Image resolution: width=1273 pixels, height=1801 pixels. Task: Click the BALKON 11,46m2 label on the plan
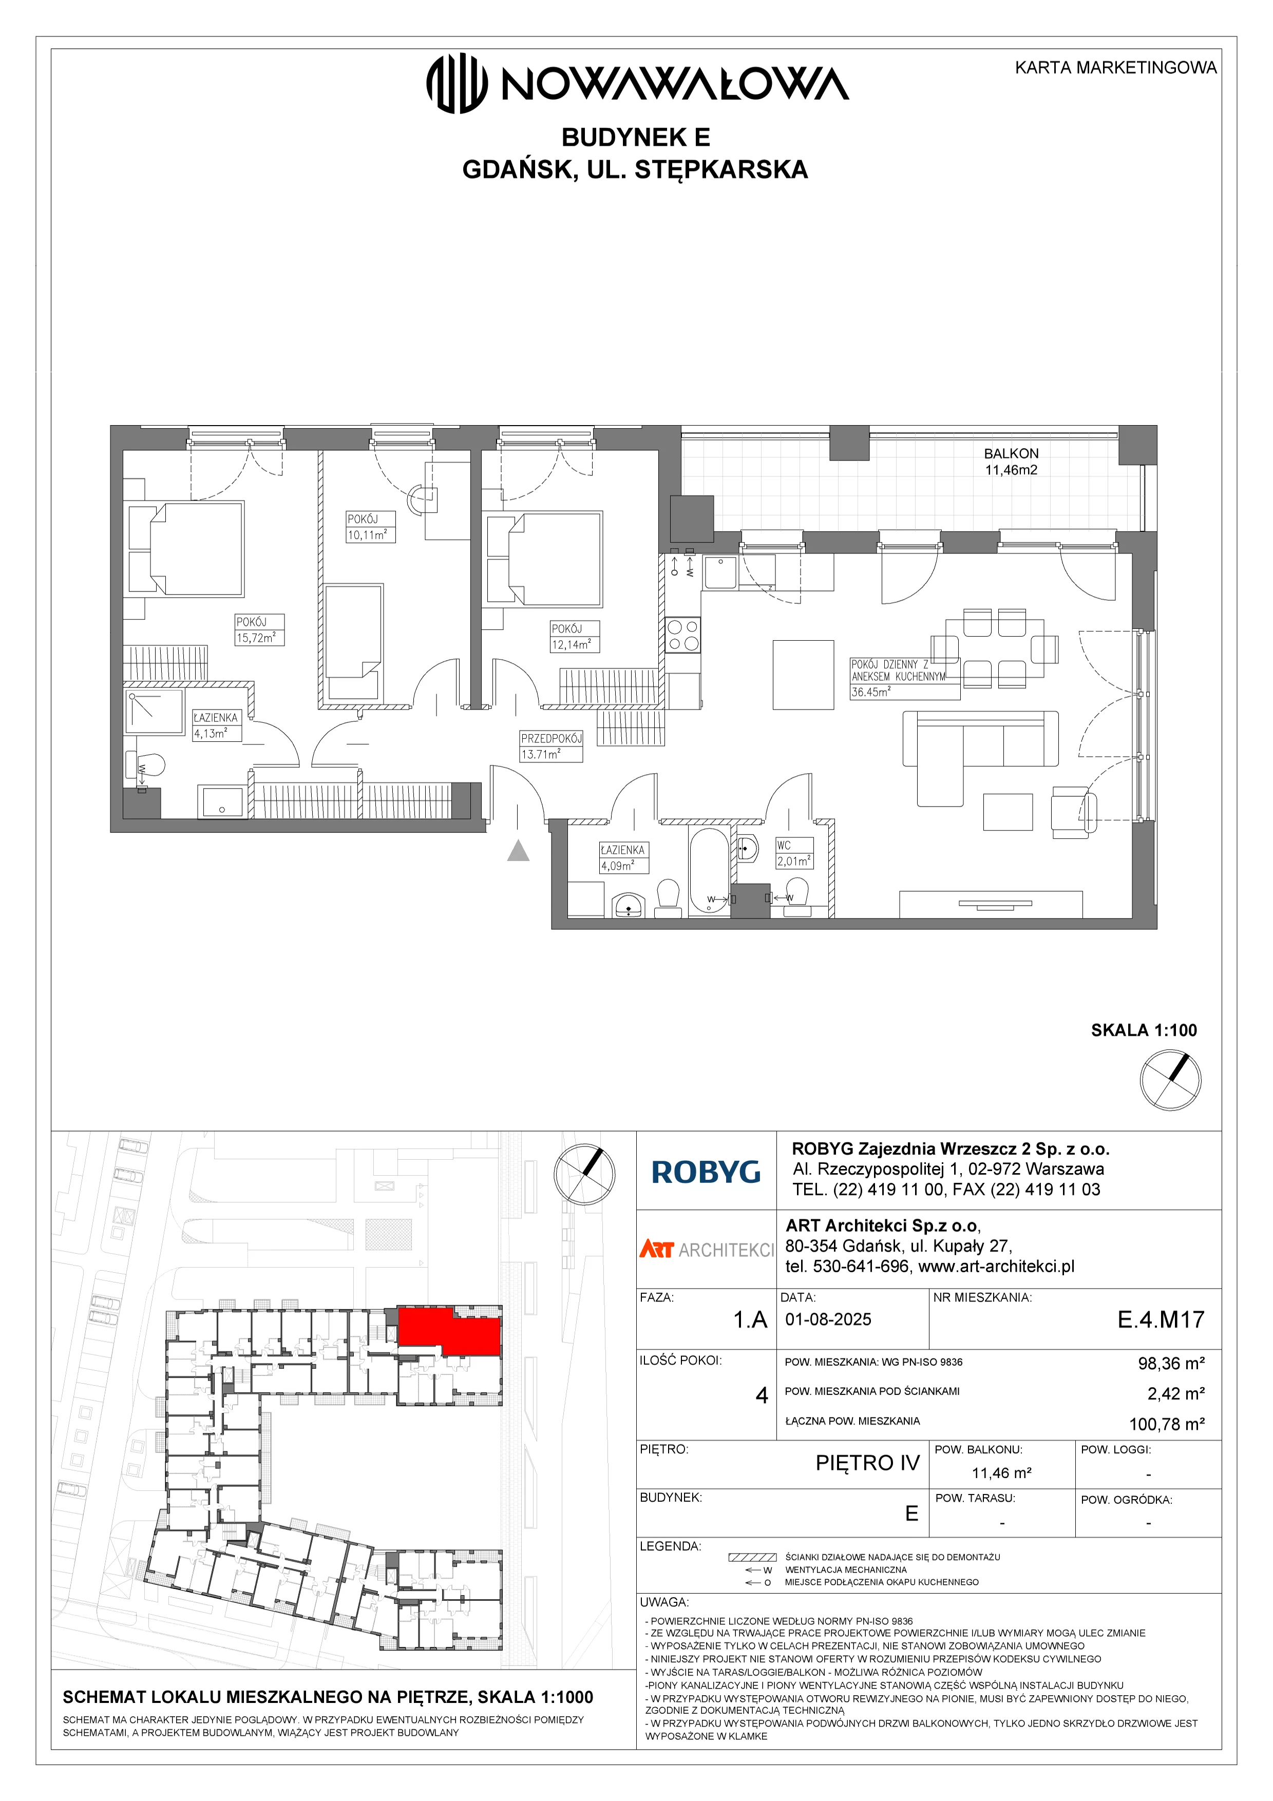point(1011,462)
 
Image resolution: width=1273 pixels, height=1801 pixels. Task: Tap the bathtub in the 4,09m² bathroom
point(709,871)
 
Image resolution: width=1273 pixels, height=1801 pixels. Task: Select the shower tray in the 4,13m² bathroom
point(154,712)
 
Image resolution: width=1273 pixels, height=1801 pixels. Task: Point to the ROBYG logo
point(706,1172)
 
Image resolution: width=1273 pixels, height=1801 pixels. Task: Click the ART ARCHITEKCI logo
point(706,1250)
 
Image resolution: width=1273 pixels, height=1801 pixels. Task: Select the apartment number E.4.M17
point(1161,1319)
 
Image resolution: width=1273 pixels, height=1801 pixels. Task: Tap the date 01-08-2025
point(828,1319)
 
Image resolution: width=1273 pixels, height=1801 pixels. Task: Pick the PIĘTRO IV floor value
point(867,1463)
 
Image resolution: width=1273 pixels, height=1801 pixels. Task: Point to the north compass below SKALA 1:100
point(1170,1080)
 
